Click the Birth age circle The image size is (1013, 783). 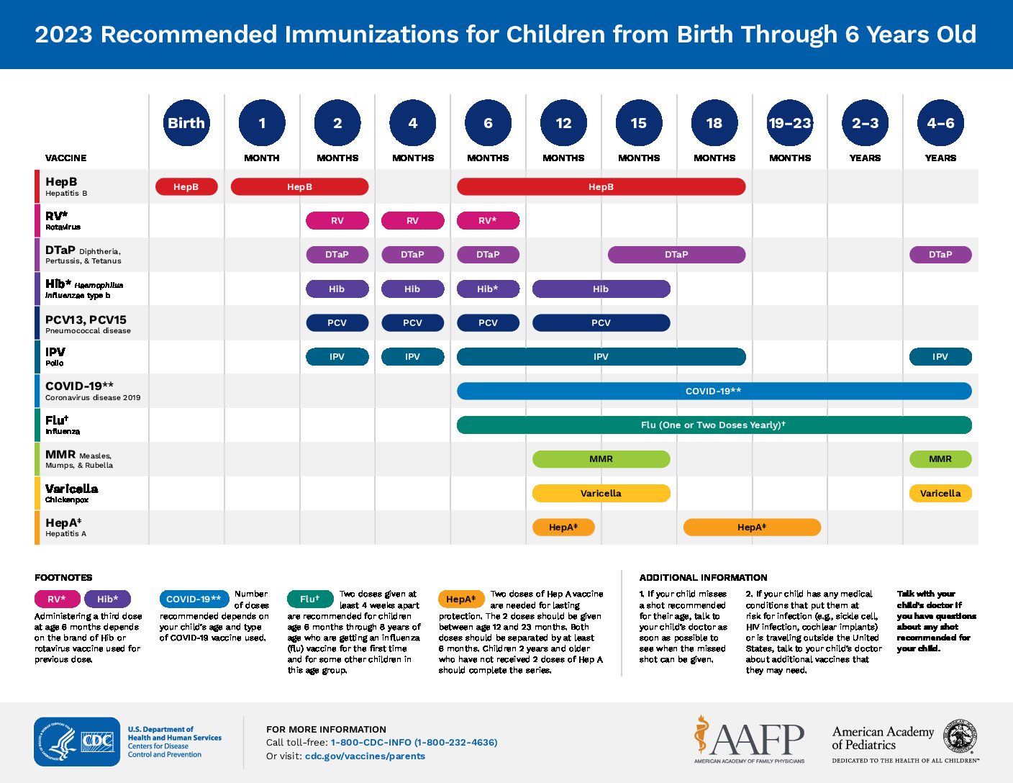coord(186,122)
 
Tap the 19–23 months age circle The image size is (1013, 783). coord(790,122)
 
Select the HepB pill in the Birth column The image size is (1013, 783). coord(186,186)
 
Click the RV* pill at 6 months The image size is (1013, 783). coord(488,221)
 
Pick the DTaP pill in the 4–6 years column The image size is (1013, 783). coord(940,255)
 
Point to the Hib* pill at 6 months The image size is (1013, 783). coord(488,289)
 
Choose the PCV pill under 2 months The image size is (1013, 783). coord(337,322)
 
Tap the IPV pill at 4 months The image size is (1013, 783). coord(412,357)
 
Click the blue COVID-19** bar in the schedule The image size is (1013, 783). coord(714,391)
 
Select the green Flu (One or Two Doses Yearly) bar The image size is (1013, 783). coord(714,425)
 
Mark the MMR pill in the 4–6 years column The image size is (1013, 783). coord(940,459)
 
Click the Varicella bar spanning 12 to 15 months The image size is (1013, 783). coord(601,493)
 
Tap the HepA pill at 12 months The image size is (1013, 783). coord(563,527)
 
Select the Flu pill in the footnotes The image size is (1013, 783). coord(311,599)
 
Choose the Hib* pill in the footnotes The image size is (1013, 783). coord(108,599)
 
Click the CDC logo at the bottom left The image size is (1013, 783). coord(77,741)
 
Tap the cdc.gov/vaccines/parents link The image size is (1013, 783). coord(365,756)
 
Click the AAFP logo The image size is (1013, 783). coord(749,739)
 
